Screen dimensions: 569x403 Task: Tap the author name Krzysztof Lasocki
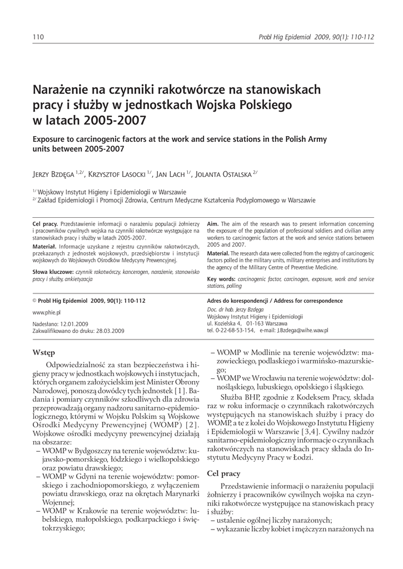point(116,174)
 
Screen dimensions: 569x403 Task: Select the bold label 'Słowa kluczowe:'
point(53,272)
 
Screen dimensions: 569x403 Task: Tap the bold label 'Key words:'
point(221,278)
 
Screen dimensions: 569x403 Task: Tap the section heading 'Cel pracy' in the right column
point(223,473)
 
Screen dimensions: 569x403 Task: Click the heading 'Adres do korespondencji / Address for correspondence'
point(275,301)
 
